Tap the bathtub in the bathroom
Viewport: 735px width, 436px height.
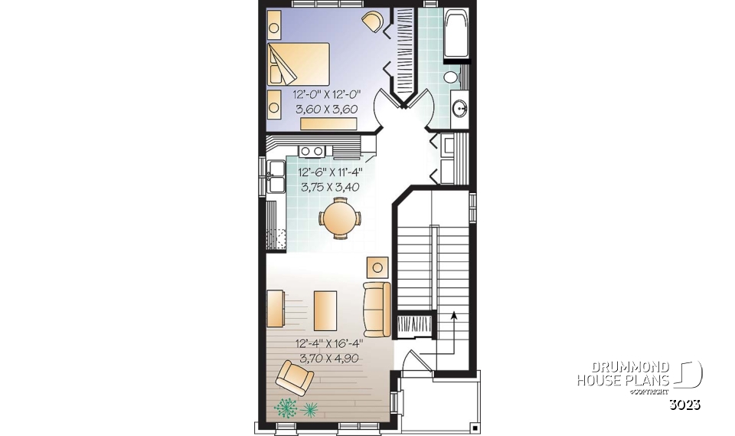(458, 34)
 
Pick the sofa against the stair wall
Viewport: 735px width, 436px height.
(377, 309)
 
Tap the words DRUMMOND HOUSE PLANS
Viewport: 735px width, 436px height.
(623, 374)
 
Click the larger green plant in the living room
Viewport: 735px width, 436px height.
(286, 407)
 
